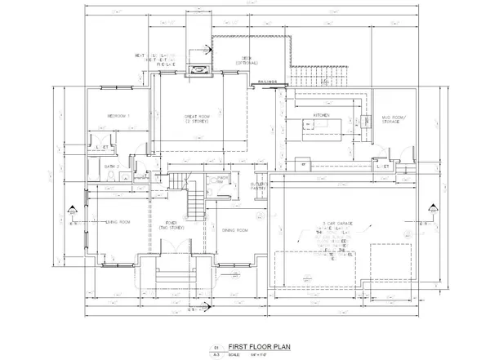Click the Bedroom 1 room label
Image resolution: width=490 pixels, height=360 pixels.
[x=119, y=117]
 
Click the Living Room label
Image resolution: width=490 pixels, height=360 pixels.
[x=119, y=222]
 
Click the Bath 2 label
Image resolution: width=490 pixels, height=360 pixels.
[x=114, y=167]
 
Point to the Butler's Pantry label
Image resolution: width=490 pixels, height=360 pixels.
[x=258, y=187]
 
